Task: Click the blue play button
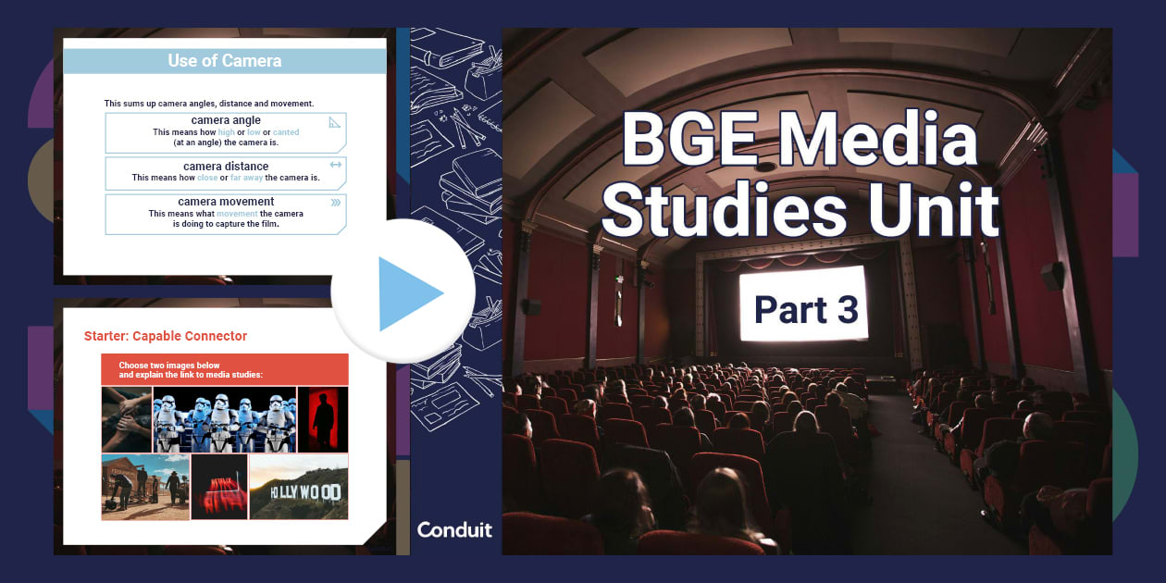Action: click(404, 293)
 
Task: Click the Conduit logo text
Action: click(454, 530)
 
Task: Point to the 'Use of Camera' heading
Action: click(224, 61)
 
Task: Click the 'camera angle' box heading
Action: click(226, 120)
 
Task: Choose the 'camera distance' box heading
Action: click(226, 167)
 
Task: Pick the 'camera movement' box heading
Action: click(226, 202)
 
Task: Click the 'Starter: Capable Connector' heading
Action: click(166, 336)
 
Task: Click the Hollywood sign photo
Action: click(299, 486)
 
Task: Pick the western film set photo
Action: click(145, 486)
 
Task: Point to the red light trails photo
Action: click(219, 486)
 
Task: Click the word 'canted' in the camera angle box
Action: click(286, 132)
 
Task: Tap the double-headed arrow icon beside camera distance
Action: click(335, 165)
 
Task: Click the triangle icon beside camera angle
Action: click(335, 121)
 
